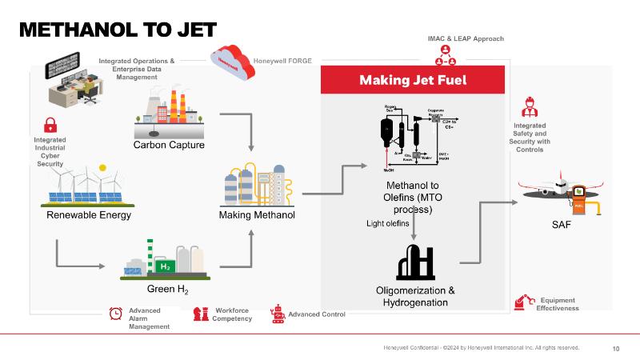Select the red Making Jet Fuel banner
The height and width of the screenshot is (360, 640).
coord(413,80)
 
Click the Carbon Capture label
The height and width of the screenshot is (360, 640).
coord(169,145)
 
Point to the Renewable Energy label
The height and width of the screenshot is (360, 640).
coord(89,215)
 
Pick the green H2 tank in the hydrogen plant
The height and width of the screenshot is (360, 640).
coord(163,265)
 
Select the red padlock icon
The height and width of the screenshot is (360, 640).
coord(50,125)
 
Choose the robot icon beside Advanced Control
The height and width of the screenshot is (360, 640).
coord(278,314)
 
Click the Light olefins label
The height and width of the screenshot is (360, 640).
coord(387,224)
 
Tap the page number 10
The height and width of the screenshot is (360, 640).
coord(616,348)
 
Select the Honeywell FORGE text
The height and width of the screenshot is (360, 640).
coord(282,61)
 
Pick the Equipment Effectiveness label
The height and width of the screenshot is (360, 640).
coord(558,304)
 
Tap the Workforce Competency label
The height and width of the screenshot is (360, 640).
coord(232,314)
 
